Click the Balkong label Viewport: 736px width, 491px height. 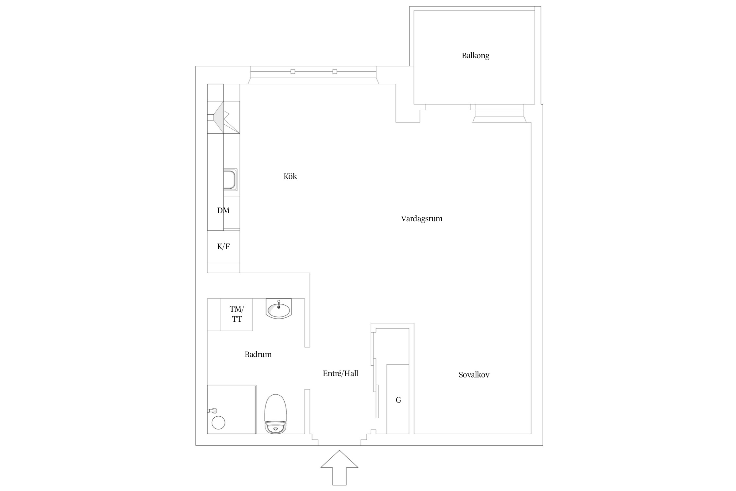tap(475, 56)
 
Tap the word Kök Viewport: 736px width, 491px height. tap(290, 176)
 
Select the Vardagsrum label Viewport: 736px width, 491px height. tap(422, 219)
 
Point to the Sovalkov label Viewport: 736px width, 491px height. tap(474, 375)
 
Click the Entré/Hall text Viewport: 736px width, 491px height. tap(341, 373)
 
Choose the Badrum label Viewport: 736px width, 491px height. tap(258, 355)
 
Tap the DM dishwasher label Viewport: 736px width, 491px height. tap(223, 210)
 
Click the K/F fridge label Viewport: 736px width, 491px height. tap(223, 246)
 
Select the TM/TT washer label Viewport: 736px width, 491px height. tap(237, 314)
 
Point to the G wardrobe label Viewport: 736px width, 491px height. tap(398, 400)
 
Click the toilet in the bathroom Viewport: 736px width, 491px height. tap(275, 414)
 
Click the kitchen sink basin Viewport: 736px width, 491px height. tap(230, 179)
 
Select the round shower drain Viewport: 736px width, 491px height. tap(219, 423)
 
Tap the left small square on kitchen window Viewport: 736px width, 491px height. tap(293, 72)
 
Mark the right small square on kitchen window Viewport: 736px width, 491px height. tap(335, 72)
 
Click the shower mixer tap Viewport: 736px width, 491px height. tap(212, 410)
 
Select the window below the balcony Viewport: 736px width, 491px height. tap(499, 113)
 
